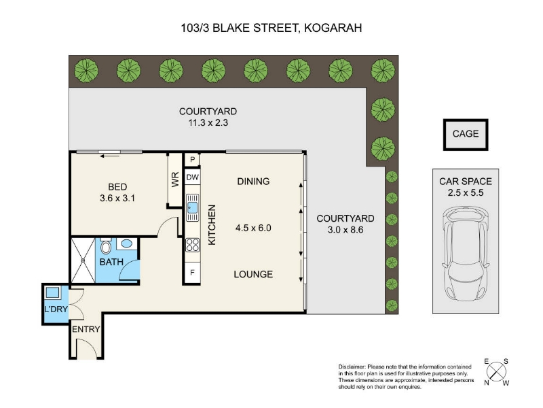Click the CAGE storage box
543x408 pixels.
466,135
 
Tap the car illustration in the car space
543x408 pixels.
466,254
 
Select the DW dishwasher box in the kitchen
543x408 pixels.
193,177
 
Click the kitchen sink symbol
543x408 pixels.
193,207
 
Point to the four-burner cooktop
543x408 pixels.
193,245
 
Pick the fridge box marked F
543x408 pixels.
192,273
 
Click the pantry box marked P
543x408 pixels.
193,160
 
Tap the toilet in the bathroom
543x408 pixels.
106,247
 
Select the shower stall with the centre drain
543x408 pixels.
83,260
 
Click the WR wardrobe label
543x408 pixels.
175,180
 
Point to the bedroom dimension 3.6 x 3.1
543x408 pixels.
117,198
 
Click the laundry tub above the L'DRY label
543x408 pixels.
52,292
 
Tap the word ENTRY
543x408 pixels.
86,329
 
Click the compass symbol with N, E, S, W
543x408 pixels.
496,372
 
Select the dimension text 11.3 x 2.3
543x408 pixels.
208,122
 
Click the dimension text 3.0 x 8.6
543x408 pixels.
345,230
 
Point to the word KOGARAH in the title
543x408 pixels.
333,28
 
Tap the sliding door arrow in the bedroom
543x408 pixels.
109,156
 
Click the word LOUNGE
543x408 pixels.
253,274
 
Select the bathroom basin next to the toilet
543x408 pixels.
126,243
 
